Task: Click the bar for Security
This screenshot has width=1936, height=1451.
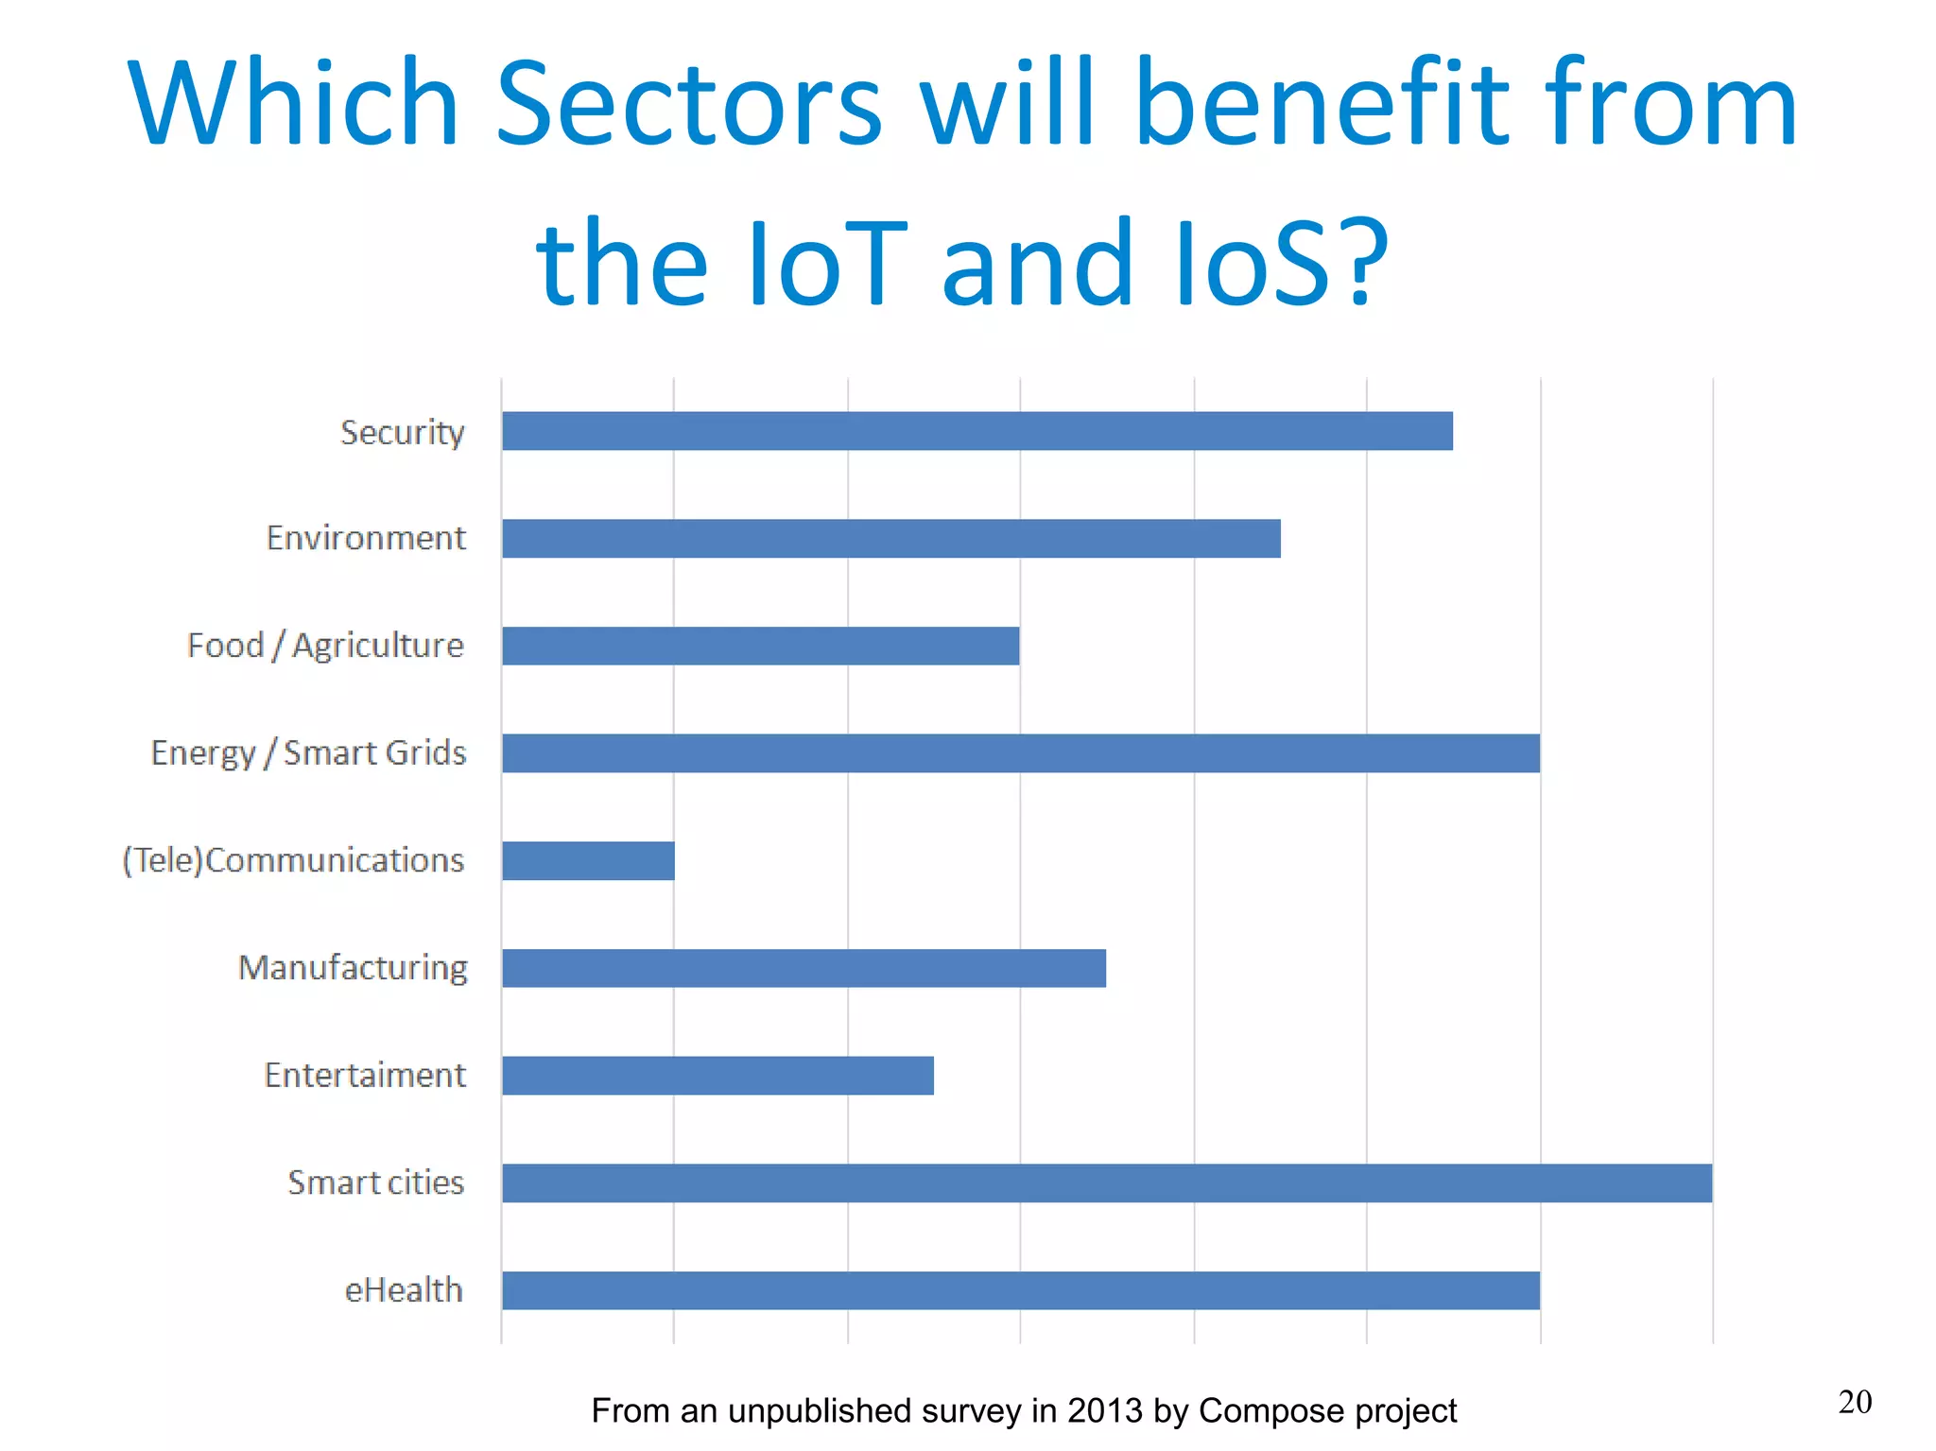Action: coord(977,431)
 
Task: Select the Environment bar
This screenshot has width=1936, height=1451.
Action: coord(890,539)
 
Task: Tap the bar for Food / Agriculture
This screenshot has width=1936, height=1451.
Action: coord(760,646)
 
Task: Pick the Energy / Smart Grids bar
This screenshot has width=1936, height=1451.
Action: coord(1020,753)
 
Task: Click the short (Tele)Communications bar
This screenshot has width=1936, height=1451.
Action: coord(588,861)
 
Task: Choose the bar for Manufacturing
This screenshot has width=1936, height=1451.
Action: coord(804,968)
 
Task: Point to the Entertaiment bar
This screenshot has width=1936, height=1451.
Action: coord(717,1076)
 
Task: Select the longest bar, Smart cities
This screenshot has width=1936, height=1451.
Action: coord(1106,1183)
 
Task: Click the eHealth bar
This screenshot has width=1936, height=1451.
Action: coord(1020,1290)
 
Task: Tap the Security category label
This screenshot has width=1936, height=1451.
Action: coord(403,433)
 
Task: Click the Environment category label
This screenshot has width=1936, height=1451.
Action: coord(366,538)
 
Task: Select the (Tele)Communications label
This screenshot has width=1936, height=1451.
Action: coord(293,860)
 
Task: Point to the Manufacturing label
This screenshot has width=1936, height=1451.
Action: coord(353,968)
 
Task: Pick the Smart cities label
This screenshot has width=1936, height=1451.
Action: coord(376,1183)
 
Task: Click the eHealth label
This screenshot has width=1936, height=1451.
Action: coord(404,1289)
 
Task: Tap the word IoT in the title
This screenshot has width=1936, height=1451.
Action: coord(828,263)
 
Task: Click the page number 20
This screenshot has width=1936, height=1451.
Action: coord(1855,1402)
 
